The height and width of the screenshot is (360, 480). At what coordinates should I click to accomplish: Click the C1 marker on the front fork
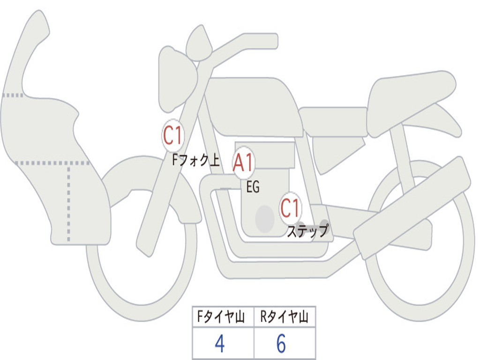pyautogui.click(x=173, y=135)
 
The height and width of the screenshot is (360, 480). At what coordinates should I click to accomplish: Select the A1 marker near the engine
pyautogui.click(x=243, y=163)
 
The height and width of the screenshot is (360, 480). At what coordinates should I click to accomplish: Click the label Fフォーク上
pyautogui.click(x=195, y=160)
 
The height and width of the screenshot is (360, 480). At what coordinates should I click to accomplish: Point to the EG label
pyautogui.click(x=253, y=187)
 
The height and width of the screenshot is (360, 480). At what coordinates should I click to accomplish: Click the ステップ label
pyautogui.click(x=308, y=231)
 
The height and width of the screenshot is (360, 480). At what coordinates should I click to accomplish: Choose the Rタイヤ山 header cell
pyautogui.click(x=285, y=316)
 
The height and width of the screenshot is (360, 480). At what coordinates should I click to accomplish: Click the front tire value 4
pyautogui.click(x=219, y=343)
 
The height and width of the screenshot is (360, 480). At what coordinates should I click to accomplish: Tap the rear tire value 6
pyautogui.click(x=281, y=343)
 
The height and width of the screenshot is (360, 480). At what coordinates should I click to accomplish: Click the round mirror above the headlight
pyautogui.click(x=199, y=43)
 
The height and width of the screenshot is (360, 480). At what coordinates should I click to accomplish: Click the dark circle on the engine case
pyautogui.click(x=265, y=219)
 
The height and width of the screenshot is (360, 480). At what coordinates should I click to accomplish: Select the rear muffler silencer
pyautogui.click(x=412, y=208)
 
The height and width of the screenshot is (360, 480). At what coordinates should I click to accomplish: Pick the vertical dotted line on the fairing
pyautogui.click(x=68, y=202)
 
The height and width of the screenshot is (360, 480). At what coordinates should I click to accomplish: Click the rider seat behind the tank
pyautogui.click(x=334, y=121)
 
